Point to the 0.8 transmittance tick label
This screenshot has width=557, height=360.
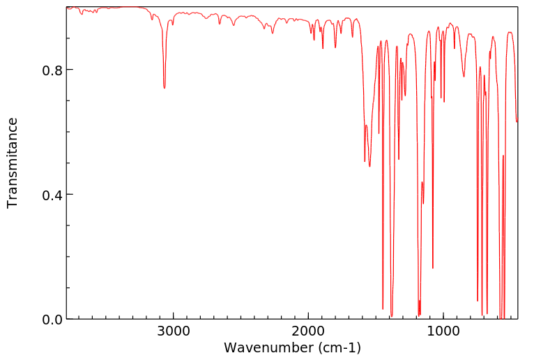52,70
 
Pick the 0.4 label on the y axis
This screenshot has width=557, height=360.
52,195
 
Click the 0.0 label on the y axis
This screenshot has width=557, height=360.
52,319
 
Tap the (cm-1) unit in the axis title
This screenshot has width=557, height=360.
339,347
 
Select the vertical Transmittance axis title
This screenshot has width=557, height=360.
13,163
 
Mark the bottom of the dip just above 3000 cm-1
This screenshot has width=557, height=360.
165,88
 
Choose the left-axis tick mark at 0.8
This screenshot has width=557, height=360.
69,70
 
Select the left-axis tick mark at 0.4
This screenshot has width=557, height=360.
69,195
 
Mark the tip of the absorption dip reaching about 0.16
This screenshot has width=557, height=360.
433,268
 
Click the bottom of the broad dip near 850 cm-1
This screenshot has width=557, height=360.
464,76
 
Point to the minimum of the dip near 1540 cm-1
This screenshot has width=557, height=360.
369,166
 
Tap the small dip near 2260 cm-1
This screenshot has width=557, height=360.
273,33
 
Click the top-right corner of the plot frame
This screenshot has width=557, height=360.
517,7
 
